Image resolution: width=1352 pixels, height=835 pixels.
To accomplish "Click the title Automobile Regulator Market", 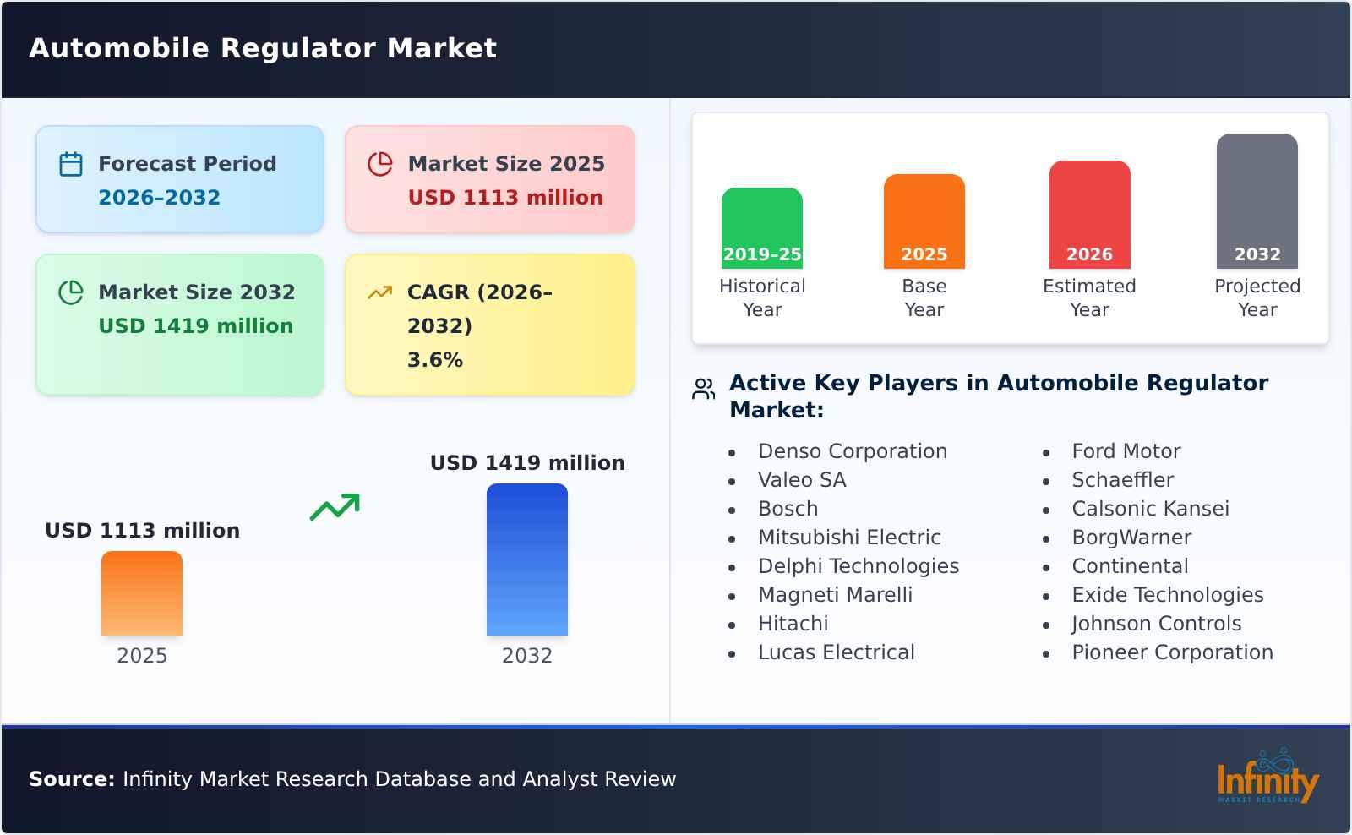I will click(263, 48).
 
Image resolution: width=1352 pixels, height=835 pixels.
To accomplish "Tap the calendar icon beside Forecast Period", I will click(71, 164).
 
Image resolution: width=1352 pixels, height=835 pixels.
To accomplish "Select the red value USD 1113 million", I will click(505, 198).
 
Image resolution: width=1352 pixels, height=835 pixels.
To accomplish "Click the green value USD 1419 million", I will click(196, 326).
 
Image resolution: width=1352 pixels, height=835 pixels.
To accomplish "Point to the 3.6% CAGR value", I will click(435, 360).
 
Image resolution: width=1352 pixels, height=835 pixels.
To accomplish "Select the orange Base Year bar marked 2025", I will click(924, 220).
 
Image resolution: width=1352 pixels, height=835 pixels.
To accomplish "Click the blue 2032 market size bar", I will click(527, 559).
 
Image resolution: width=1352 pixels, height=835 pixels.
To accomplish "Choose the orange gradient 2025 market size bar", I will click(142, 593).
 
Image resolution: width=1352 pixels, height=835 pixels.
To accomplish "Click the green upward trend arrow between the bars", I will click(335, 507).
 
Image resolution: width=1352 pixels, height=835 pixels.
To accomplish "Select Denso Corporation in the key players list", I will click(853, 451).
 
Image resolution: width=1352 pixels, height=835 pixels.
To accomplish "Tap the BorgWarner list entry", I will click(1131, 538).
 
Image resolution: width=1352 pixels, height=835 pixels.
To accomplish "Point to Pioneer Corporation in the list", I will click(1172, 652).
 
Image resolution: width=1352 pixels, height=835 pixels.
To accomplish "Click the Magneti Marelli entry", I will click(835, 595).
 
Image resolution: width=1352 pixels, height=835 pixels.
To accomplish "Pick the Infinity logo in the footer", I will click(1267, 778).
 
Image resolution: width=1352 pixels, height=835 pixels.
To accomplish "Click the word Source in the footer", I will click(71, 779).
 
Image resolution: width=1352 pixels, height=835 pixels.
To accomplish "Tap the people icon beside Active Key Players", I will click(703, 389).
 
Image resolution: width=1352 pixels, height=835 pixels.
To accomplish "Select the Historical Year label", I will click(762, 297).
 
